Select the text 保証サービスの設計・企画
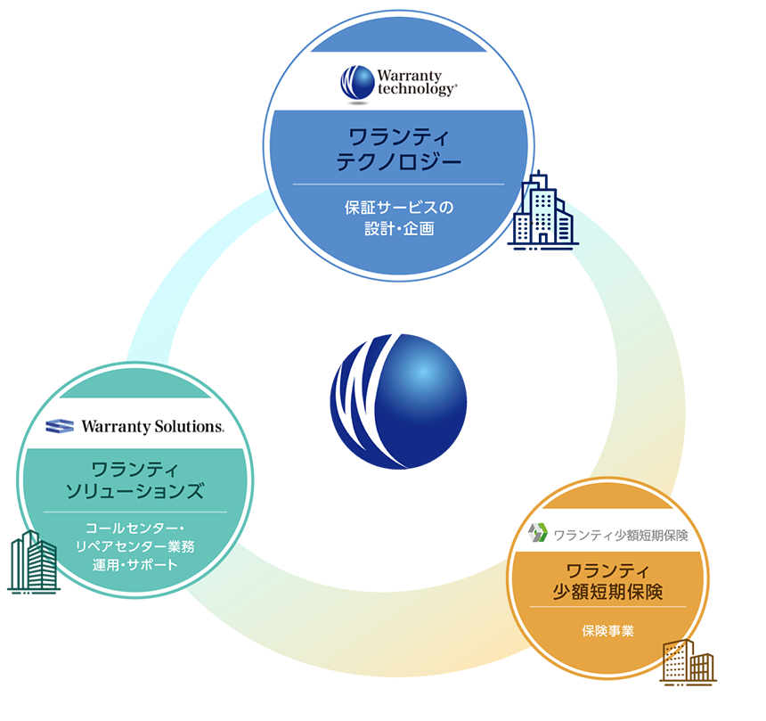(x=398, y=217)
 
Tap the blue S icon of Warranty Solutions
(x=60, y=426)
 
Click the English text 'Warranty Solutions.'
(x=152, y=426)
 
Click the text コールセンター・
(x=134, y=528)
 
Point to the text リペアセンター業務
(x=134, y=546)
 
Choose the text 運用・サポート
(x=134, y=565)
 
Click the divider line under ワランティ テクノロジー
(x=398, y=184)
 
